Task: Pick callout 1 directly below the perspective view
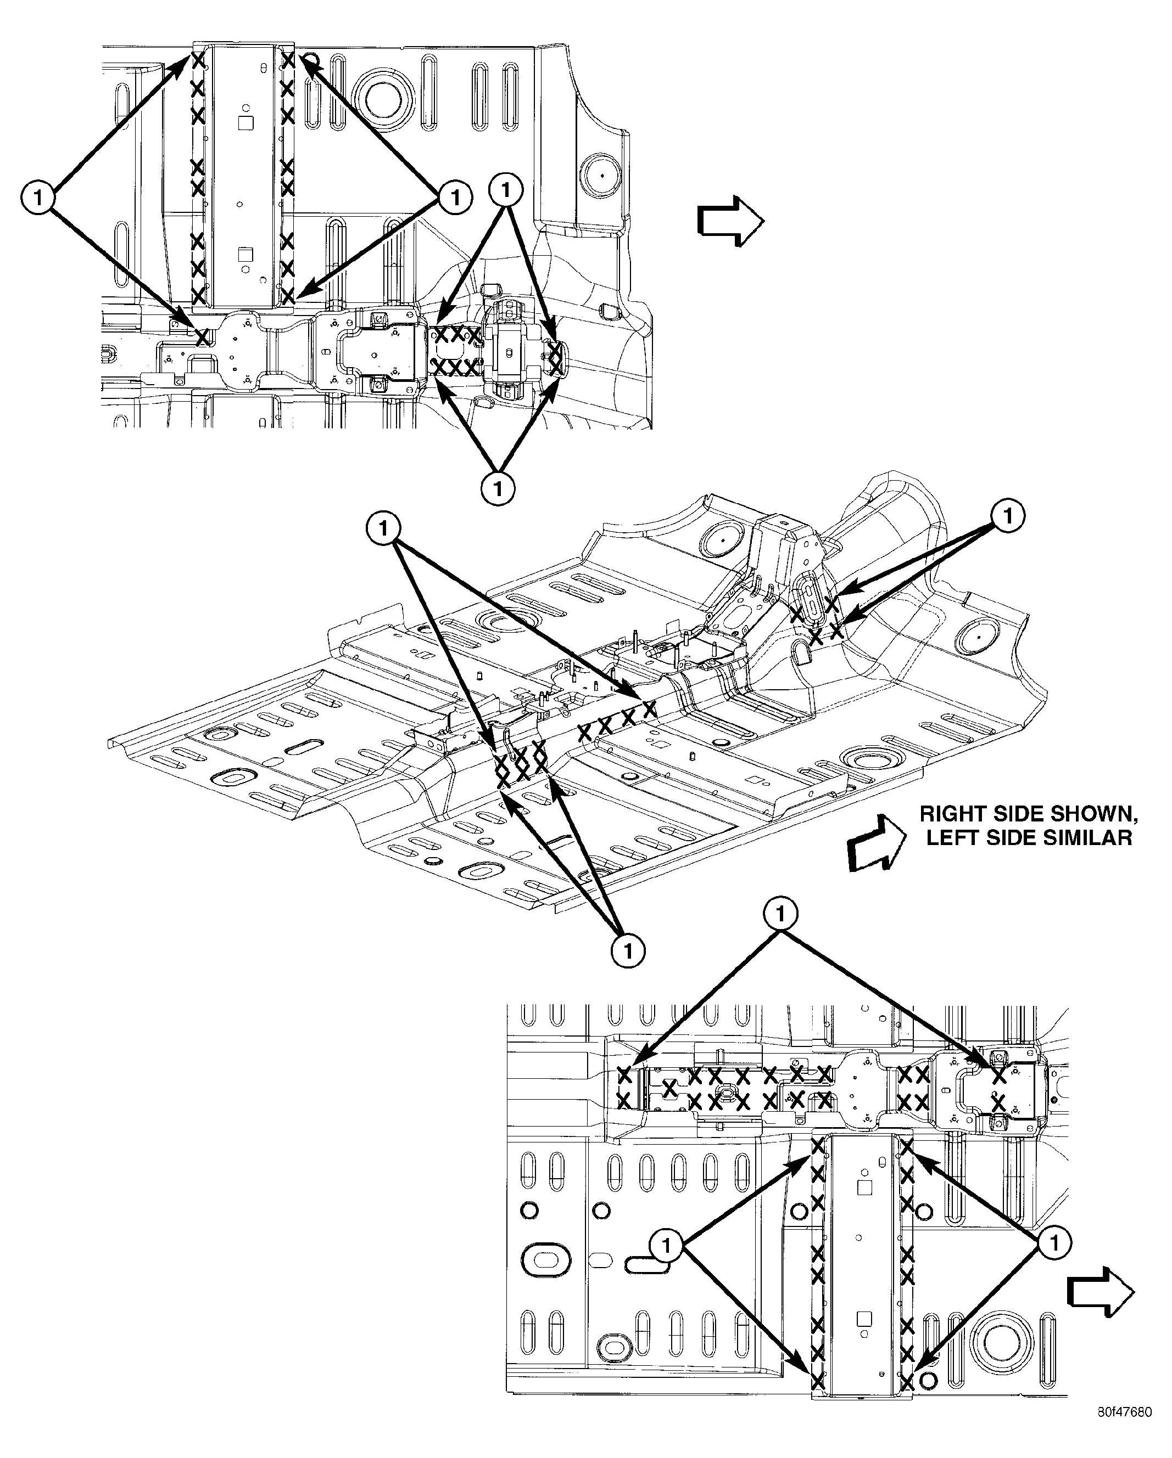[628, 952]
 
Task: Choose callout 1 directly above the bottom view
[781, 915]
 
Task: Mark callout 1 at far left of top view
[38, 198]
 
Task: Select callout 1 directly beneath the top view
[498, 488]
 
